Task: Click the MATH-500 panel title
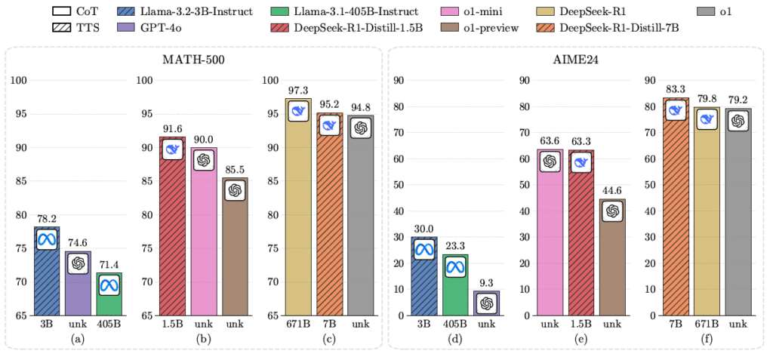coord(193,60)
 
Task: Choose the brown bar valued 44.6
coord(612,257)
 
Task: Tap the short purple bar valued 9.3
coord(487,303)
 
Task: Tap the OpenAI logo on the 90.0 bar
coord(204,160)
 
